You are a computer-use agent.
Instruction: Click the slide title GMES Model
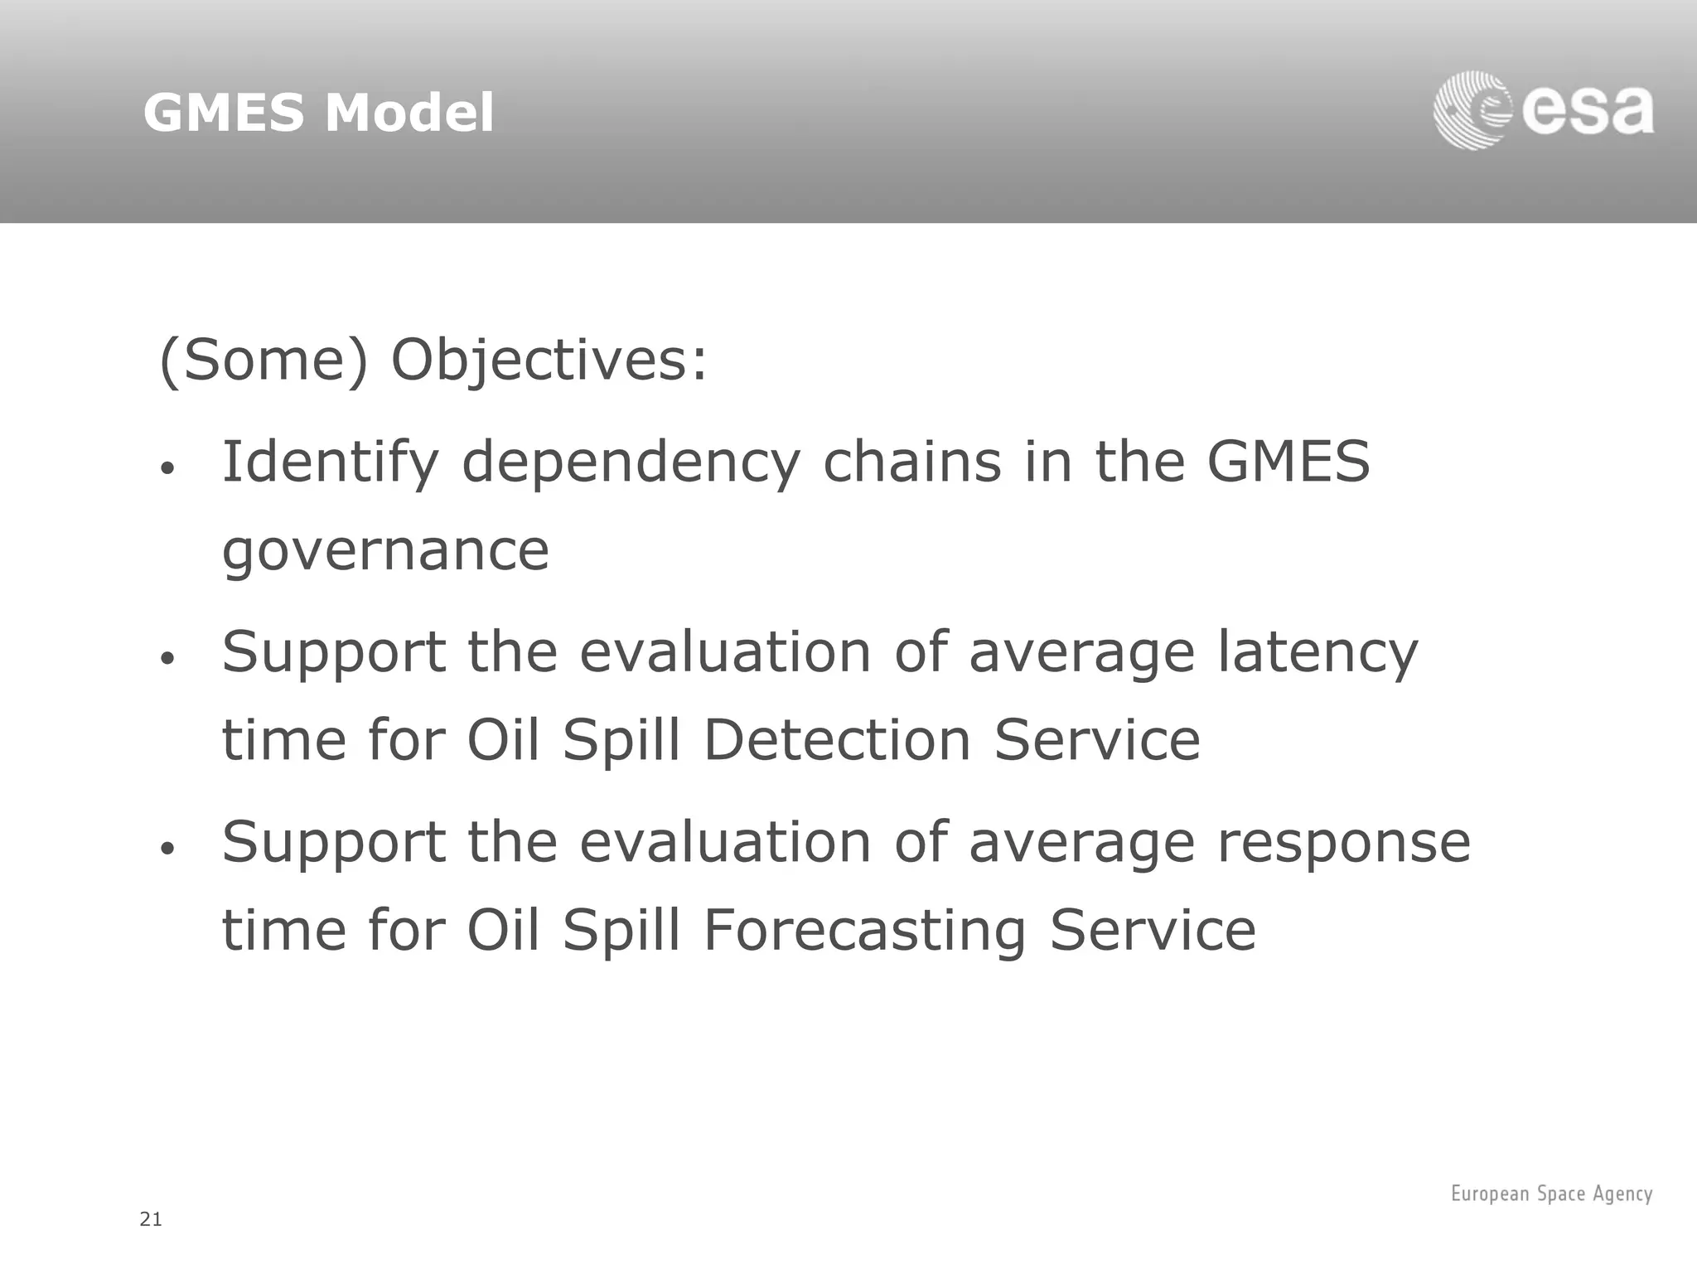click(x=318, y=113)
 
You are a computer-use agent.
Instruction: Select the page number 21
click(x=151, y=1219)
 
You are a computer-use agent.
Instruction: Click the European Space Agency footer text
click(x=1551, y=1193)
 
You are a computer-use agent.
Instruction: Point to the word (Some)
click(x=263, y=361)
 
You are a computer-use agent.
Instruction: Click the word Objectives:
click(x=549, y=361)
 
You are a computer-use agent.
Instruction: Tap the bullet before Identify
click(x=168, y=469)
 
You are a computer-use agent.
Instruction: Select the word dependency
click(x=631, y=462)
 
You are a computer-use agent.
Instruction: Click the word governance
click(x=385, y=550)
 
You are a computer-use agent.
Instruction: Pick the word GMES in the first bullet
click(x=1288, y=462)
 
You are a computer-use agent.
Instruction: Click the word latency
click(x=1317, y=653)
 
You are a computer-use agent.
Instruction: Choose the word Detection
click(x=837, y=740)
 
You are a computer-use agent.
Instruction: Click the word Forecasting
click(x=865, y=931)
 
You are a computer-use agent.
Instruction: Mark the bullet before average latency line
click(x=168, y=660)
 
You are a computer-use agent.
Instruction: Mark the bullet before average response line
click(x=168, y=849)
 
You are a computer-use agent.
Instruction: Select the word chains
click(x=911, y=462)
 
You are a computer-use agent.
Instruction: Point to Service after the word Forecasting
click(x=1153, y=931)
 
